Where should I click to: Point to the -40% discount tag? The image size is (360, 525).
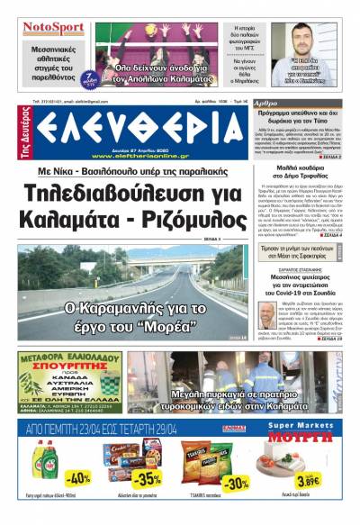click(x=78, y=477)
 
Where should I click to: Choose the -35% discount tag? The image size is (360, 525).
click(x=146, y=477)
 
